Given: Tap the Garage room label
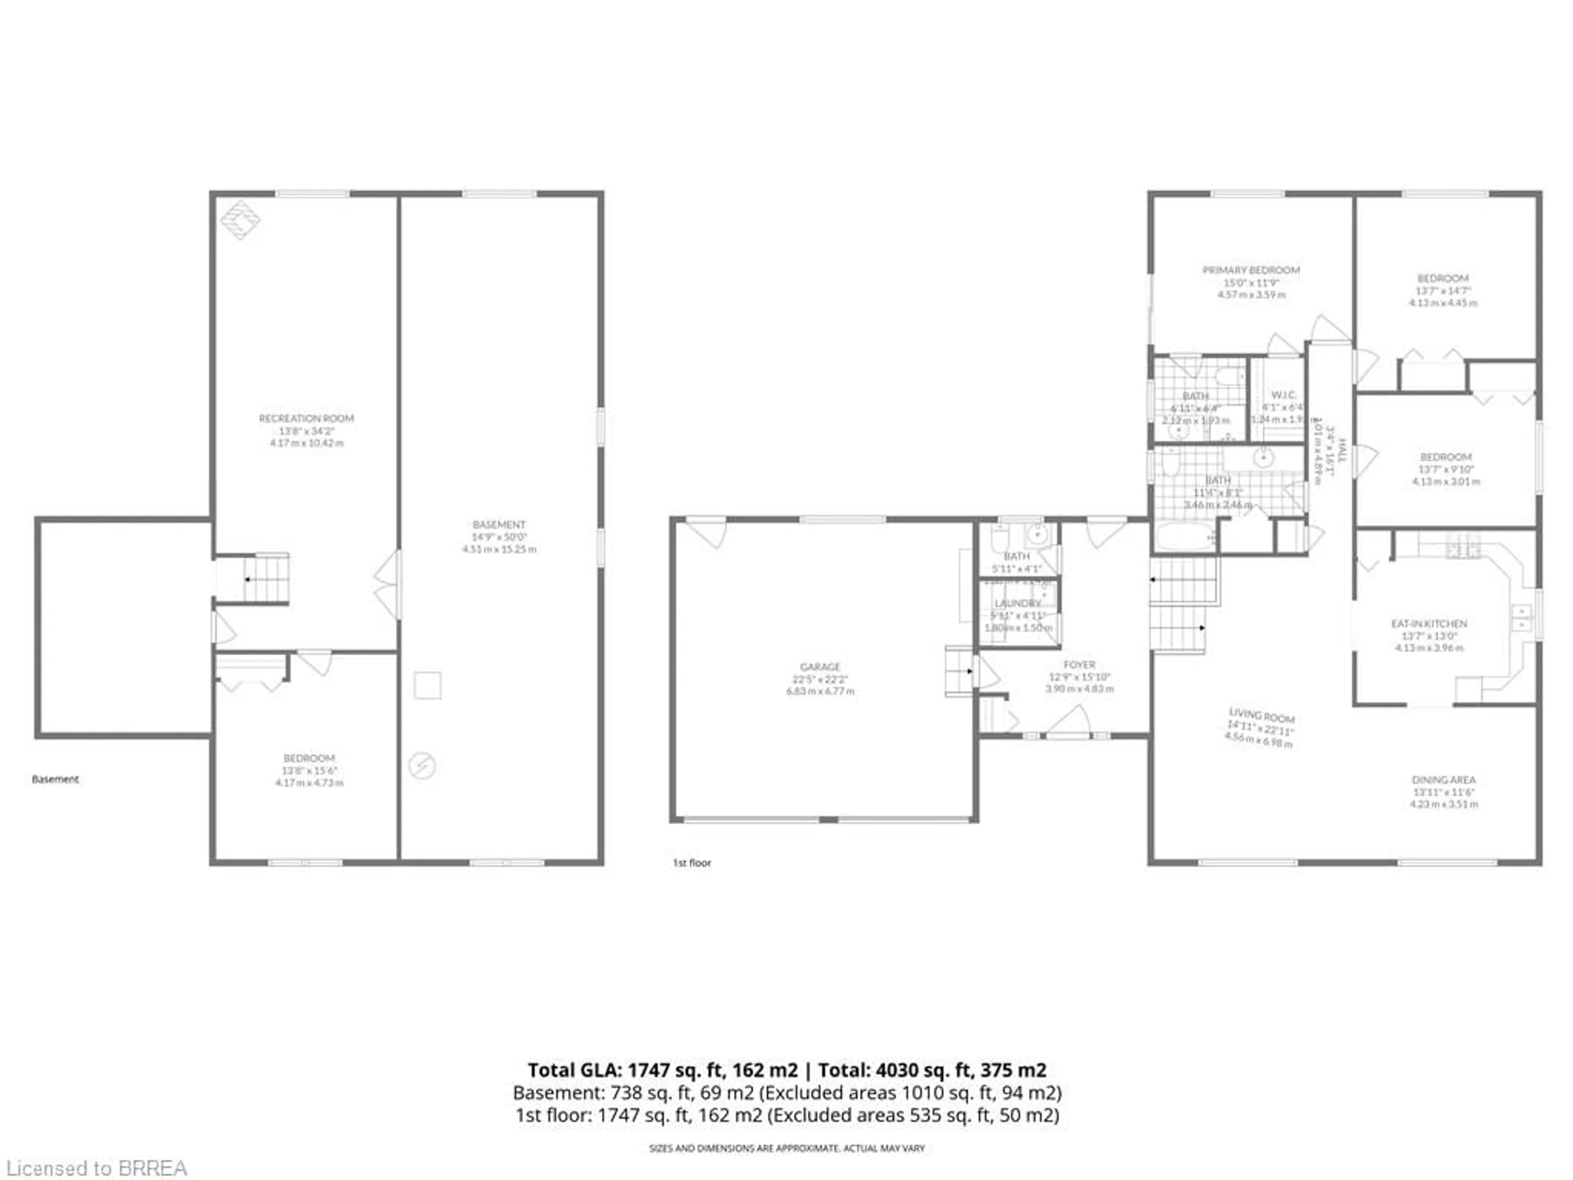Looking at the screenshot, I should tap(820, 667).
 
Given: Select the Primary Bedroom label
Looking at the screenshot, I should tap(1251, 270).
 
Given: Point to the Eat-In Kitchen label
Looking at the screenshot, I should tap(1429, 624).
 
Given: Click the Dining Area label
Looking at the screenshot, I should tap(1444, 780).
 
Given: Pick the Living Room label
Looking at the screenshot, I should tap(1262, 715).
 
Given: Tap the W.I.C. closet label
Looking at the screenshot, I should tap(1283, 395).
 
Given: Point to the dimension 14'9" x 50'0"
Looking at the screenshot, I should tap(499, 537).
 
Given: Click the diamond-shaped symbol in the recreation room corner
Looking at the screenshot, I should tap(240, 220).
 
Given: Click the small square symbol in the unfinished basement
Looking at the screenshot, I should tap(427, 685).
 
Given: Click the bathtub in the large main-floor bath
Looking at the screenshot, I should tap(1184, 537).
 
